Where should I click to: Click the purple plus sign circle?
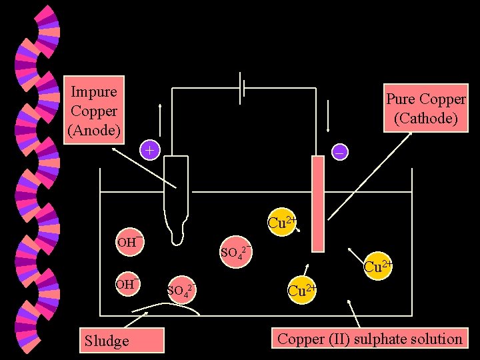[x=150, y=151]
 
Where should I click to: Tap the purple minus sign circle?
[x=339, y=153]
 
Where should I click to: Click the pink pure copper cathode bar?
[x=317, y=203]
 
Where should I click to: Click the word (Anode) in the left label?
[x=93, y=131]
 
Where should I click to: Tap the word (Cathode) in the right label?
[x=426, y=119]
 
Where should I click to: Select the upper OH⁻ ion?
[x=128, y=241]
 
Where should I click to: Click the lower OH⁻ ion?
[x=127, y=285]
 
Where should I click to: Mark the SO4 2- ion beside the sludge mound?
[x=182, y=290]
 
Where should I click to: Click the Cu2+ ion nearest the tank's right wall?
[x=377, y=267]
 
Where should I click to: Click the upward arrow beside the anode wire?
[x=159, y=117]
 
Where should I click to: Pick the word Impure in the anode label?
[x=93, y=92]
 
